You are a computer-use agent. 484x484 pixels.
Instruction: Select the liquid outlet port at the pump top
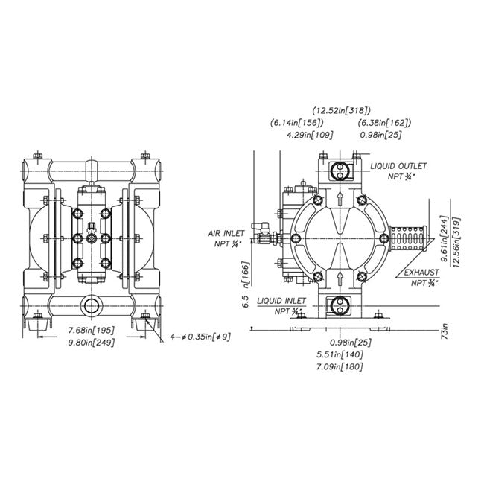pos(340,170)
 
